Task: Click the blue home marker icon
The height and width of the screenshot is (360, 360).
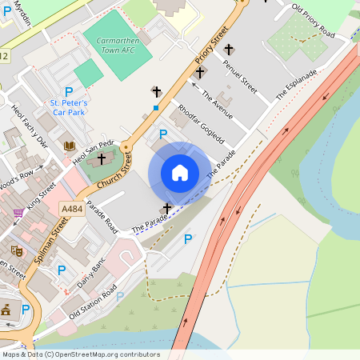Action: click(180, 172)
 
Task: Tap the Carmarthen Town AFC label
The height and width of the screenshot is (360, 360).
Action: click(118, 45)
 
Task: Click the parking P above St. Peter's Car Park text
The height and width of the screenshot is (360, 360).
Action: click(69, 92)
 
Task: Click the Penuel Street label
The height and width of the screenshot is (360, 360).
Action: click(239, 76)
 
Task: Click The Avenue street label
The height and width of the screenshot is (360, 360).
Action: click(217, 105)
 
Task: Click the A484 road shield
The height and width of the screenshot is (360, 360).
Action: click(72, 208)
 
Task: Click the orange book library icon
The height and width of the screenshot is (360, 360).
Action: click(70, 146)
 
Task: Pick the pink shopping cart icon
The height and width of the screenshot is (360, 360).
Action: click(18, 214)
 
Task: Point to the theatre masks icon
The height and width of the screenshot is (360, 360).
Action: click(38, 250)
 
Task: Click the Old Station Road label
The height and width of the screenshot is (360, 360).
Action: click(93, 302)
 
